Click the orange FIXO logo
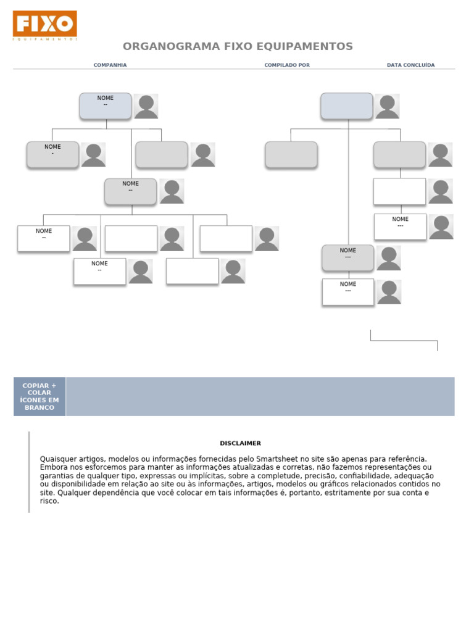tap(44, 24)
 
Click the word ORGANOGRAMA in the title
tap(162, 47)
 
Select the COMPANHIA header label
tap(110, 65)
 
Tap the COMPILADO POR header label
tap(287, 65)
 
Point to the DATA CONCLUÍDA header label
tap(410, 65)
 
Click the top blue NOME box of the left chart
tap(106, 106)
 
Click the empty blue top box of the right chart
tap(346, 106)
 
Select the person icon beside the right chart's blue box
tap(387, 106)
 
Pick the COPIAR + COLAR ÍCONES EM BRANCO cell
tap(39, 396)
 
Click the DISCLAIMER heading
tap(240, 443)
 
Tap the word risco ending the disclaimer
tap(49, 501)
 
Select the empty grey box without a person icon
tap(291, 154)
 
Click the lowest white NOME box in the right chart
tap(348, 291)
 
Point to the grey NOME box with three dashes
tap(347, 257)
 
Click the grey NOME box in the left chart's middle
tap(130, 191)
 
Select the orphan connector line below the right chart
tap(404, 340)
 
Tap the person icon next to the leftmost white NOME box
tap(85, 239)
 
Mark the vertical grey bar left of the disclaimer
tap(29, 472)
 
